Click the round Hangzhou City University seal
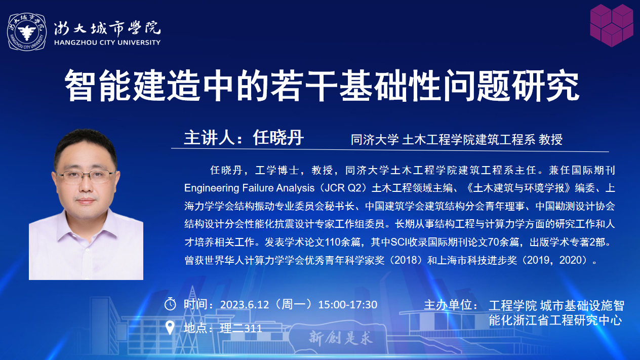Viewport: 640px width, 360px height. [27, 32]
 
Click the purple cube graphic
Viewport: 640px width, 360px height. [612, 25]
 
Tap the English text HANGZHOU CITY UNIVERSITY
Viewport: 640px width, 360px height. [107, 43]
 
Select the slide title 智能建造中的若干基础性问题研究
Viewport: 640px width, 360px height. [322, 86]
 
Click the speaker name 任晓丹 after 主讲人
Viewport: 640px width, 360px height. [278, 138]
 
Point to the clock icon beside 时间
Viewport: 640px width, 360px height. [170, 304]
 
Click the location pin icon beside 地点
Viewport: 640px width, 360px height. [170, 328]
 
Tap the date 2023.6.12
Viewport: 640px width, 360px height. [245, 305]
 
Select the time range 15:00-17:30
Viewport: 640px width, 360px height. [348, 305]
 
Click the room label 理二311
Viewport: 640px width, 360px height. [241, 329]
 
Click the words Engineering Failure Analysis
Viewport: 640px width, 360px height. [249, 188]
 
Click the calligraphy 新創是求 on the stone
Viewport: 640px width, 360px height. [341, 338]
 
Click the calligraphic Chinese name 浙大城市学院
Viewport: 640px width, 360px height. [107, 28]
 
